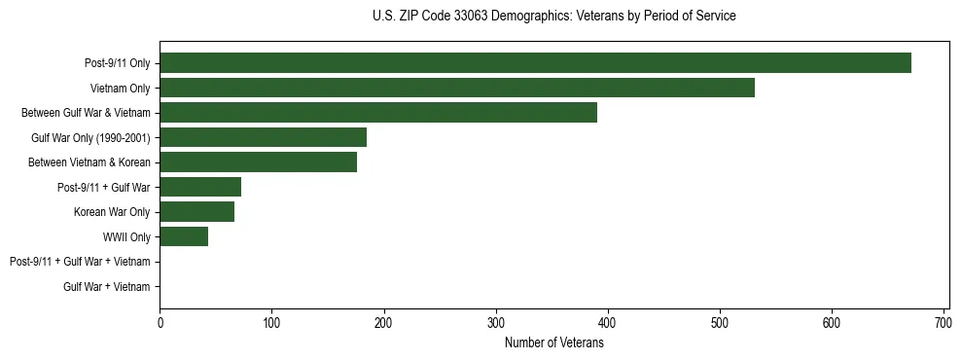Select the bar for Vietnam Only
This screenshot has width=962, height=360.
tap(457, 88)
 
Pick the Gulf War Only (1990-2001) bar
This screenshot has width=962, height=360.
tap(263, 137)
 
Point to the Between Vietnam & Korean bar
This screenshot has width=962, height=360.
tap(258, 162)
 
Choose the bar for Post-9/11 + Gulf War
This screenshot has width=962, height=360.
tap(200, 187)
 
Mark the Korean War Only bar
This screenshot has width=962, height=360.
tap(196, 212)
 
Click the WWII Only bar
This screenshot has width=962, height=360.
tap(184, 236)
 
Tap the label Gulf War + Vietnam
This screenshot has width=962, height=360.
tap(107, 286)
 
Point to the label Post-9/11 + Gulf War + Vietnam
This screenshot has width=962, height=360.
tap(80, 262)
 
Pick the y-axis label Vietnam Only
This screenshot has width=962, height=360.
tap(120, 89)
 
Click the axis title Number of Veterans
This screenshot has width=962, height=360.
tap(554, 343)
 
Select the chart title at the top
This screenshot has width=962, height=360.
tap(554, 17)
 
